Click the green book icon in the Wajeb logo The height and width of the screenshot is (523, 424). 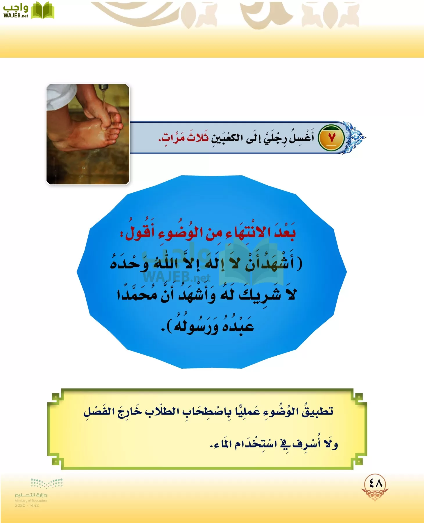click(42, 11)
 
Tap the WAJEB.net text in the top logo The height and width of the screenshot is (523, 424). click(16, 16)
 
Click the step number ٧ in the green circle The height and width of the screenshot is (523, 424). click(332, 138)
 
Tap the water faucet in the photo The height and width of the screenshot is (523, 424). click(103, 87)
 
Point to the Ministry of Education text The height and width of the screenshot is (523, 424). click(31, 501)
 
